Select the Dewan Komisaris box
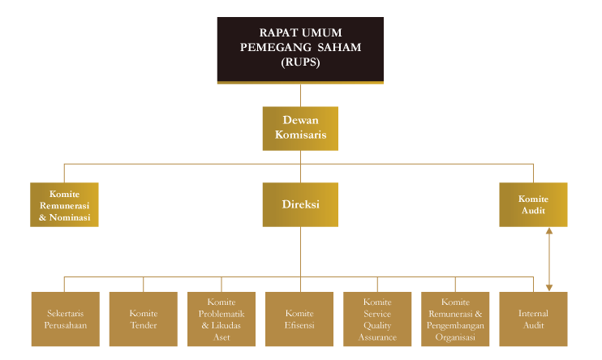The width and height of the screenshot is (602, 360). [x=300, y=128]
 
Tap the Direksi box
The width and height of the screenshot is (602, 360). [x=300, y=204]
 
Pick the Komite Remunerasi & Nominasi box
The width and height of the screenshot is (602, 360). [x=65, y=204]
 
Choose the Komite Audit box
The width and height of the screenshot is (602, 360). [x=533, y=204]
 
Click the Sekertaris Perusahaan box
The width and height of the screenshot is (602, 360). [x=65, y=319]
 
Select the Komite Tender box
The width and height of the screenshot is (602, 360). [x=144, y=319]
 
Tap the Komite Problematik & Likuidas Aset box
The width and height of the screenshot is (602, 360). [x=221, y=319]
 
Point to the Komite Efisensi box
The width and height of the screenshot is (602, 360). [x=299, y=319]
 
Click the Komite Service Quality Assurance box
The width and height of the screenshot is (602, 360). [x=377, y=319]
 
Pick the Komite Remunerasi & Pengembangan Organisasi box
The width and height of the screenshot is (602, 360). [x=456, y=319]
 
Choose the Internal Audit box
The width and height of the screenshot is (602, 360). [x=533, y=319]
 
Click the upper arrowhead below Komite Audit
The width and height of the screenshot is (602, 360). [x=549, y=232]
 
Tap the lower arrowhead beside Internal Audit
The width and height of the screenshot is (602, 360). [x=549, y=287]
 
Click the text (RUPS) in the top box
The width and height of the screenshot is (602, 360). [x=300, y=61]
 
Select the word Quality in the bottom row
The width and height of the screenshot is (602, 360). [x=378, y=325]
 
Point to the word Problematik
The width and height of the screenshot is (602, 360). [x=221, y=314]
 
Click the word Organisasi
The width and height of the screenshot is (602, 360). [x=456, y=337]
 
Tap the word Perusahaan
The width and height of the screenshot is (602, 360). [x=65, y=325]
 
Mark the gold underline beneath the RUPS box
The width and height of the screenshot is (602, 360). [x=300, y=83]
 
